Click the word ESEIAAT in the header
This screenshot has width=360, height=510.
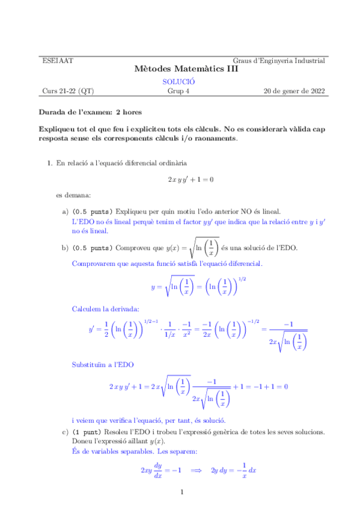coord(55,61)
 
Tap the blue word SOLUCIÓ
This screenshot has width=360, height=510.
coord(178,82)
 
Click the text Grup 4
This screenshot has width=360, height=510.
coord(178,91)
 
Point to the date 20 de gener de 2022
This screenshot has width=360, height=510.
coord(294,91)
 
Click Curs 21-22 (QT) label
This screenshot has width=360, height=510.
coord(68,91)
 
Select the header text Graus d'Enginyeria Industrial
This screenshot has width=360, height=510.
coord(279,61)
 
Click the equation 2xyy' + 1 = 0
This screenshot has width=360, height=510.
coord(191,179)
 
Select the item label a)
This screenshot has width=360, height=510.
coord(65,212)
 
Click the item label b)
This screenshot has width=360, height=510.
coord(65,247)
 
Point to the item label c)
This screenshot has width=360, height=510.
coord(65,432)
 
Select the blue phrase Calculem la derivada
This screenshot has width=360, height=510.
coord(105,309)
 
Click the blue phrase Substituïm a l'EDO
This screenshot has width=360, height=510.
coord(103,364)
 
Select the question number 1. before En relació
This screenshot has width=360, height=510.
coord(50,163)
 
